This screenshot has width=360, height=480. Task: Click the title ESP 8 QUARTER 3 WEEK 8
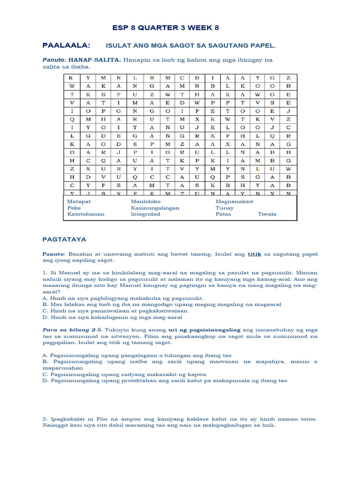click(x=165, y=28)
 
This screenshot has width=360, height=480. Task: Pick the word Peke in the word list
click(x=74, y=208)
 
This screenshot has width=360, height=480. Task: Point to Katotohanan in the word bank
click(x=86, y=214)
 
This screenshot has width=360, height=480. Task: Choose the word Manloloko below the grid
click(x=146, y=201)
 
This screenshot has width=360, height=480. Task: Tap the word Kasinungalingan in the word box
click(x=155, y=208)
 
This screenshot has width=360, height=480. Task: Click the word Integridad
click(x=145, y=214)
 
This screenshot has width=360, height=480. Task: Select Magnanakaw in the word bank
click(x=234, y=201)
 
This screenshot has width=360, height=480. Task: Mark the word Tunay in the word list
click(x=224, y=208)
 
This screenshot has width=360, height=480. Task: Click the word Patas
click(x=224, y=214)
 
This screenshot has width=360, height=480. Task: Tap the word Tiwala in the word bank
click(x=267, y=214)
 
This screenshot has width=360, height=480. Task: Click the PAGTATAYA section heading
click(x=64, y=239)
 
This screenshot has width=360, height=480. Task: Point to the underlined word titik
click(x=253, y=254)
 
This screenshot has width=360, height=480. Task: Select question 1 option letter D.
click(x=45, y=317)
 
